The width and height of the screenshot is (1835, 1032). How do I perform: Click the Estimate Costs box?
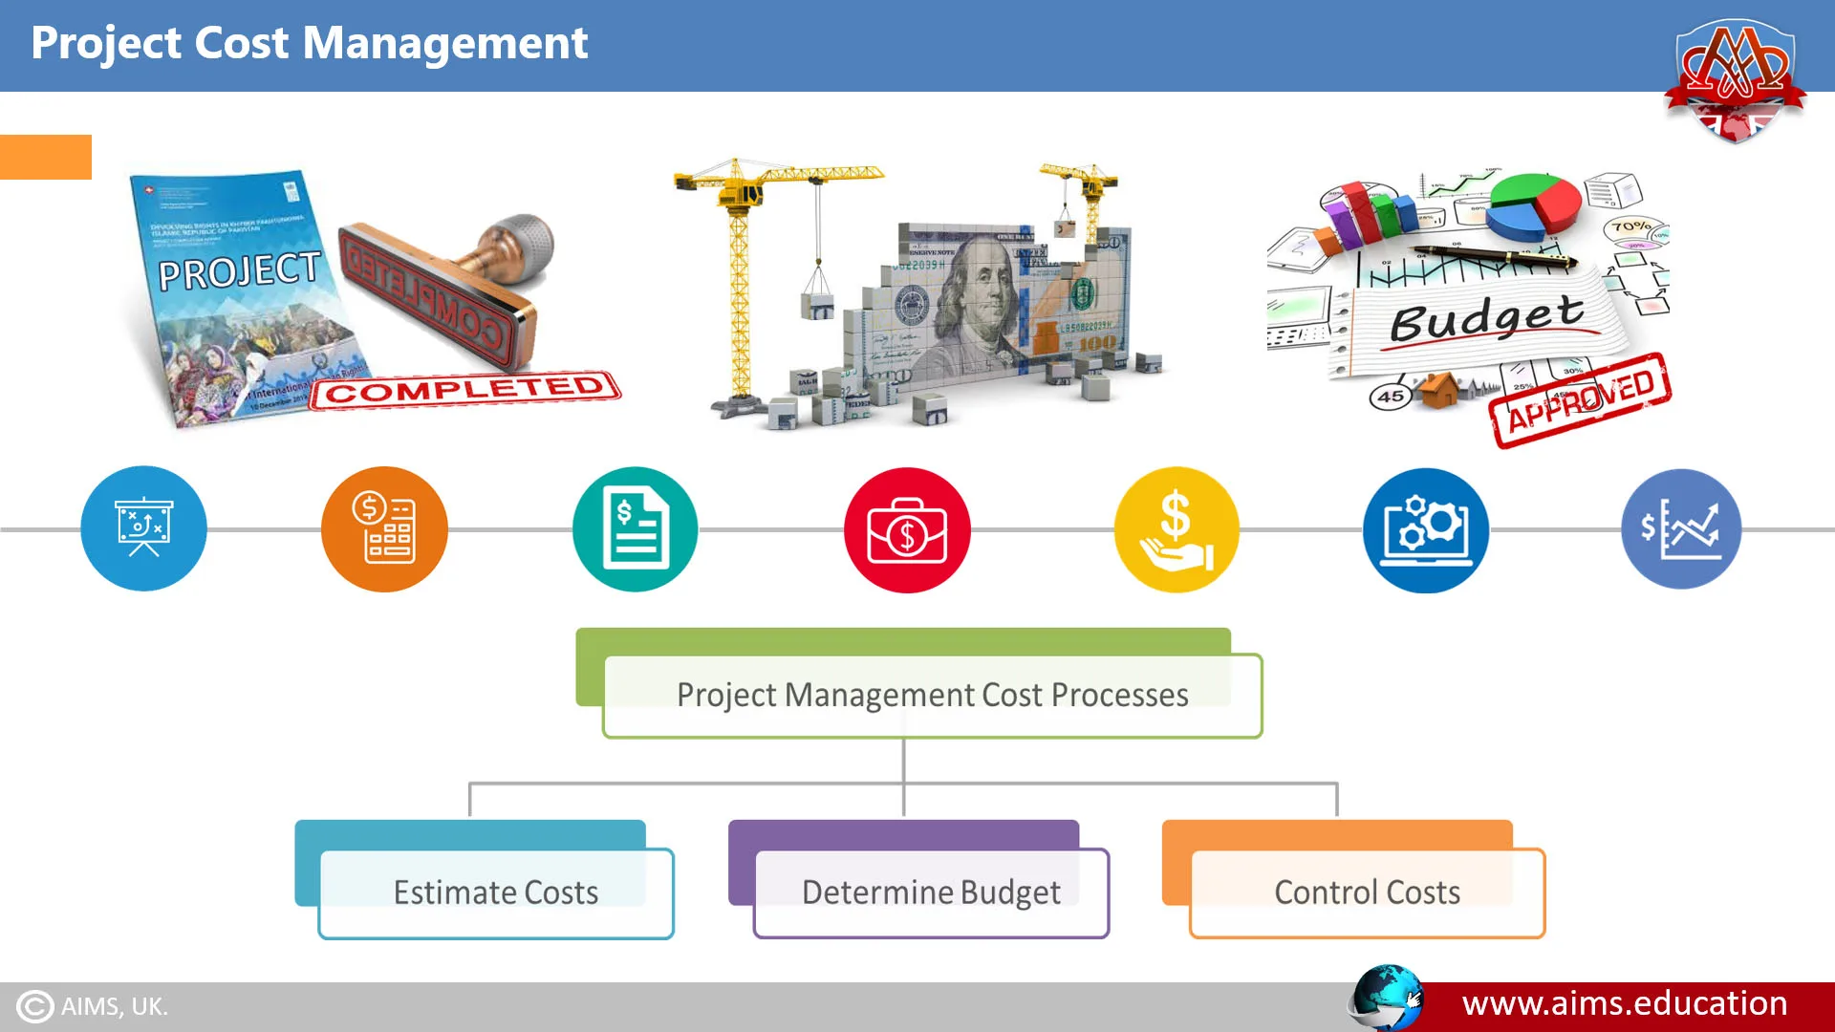point(496,892)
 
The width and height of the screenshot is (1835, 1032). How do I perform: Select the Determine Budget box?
point(931,892)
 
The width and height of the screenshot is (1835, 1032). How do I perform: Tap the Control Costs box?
point(1367,892)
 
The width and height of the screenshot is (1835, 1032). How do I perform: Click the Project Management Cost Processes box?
point(932,695)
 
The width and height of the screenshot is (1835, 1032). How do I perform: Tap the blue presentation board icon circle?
point(143,528)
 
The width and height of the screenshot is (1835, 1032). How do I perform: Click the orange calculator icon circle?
point(384,528)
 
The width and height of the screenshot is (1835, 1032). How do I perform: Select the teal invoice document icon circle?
point(636,528)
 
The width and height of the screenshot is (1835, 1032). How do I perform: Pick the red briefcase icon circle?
point(907,529)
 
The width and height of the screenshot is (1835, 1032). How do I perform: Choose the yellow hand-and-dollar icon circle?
point(1177,529)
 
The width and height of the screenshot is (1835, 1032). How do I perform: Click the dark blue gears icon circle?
point(1425,529)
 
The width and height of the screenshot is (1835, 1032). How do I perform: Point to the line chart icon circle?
point(1681,528)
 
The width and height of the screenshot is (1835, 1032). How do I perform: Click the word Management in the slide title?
point(444,44)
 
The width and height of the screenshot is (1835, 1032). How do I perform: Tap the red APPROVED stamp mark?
point(1581,400)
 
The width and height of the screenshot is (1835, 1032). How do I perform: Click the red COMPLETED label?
point(465,390)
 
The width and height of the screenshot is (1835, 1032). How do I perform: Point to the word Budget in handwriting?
point(1486,317)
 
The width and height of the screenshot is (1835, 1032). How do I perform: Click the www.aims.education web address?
point(1625,1004)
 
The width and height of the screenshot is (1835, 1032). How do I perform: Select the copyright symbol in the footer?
point(35,1006)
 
